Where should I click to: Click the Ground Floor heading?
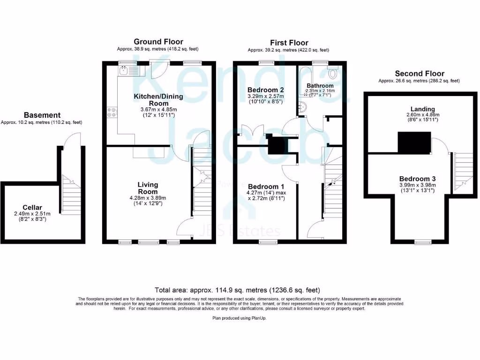pyautogui.click(x=158, y=42)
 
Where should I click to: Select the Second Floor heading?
pyautogui.click(x=419, y=74)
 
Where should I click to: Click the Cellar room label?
pyautogui.click(x=32, y=207)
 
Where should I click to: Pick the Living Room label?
pyautogui.click(x=148, y=188)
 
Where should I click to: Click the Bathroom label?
pyautogui.click(x=320, y=86)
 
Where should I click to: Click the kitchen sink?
pyautogui.click(x=124, y=71)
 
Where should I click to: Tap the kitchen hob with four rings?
pyautogui.click(x=112, y=112)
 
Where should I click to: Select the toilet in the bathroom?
pyautogui.click(x=334, y=73)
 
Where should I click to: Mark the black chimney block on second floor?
pyautogui.click(x=414, y=142)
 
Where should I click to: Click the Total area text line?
pyautogui.click(x=237, y=290)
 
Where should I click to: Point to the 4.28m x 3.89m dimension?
pyautogui.click(x=148, y=198)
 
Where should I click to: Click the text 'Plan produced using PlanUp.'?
pyautogui.click(x=239, y=318)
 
